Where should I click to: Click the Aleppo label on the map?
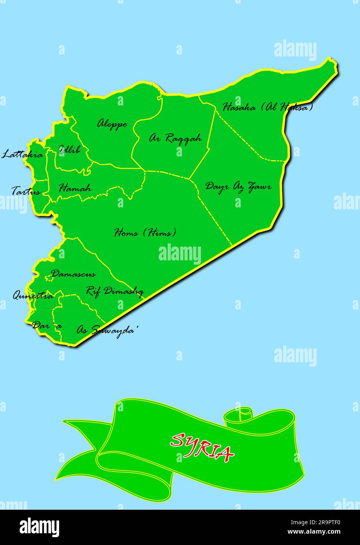pos(112,124)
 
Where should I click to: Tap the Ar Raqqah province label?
pos(175,138)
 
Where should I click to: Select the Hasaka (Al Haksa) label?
pos(268,107)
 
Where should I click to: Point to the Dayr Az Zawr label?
pos(238,186)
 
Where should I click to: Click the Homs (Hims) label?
pos(145,233)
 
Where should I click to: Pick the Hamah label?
pos(75,188)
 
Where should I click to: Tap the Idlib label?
pos(69,149)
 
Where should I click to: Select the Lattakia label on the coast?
pos(22,154)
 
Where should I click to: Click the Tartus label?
pos(26,192)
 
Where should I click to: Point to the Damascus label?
pos(73,274)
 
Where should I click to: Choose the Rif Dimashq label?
pos(114,291)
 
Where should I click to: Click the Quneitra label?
pos(33,296)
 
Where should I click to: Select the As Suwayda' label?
pos(107,330)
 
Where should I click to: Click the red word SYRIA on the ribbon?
pos(202,447)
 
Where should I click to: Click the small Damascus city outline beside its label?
pos(49,278)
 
